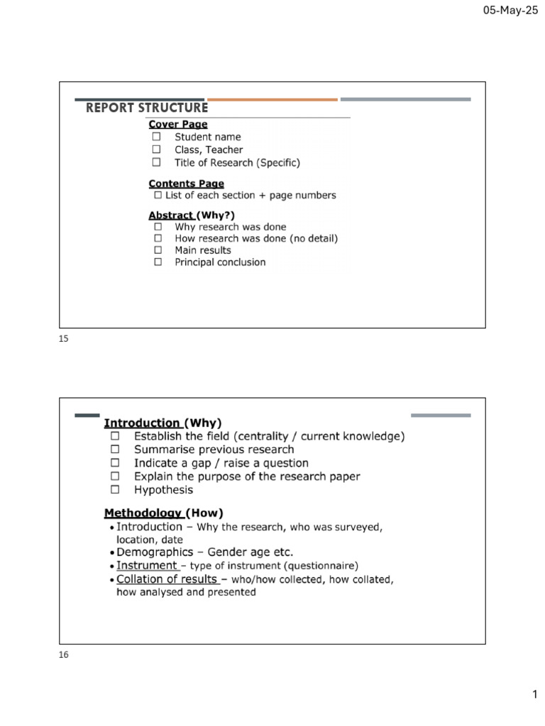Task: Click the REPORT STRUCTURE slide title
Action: (x=147, y=108)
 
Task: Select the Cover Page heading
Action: (x=178, y=124)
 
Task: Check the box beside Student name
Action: (x=157, y=137)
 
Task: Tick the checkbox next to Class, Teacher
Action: (x=157, y=150)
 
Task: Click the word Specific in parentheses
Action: (x=278, y=162)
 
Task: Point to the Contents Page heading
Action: (x=186, y=184)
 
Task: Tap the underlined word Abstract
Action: (x=171, y=215)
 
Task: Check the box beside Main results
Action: (x=158, y=250)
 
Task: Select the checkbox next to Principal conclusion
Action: (x=158, y=262)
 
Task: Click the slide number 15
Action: (x=63, y=339)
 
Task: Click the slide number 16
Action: (x=63, y=655)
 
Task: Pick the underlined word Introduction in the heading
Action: (x=142, y=423)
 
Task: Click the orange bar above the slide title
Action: (x=272, y=99)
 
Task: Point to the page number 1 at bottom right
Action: (x=534, y=696)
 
